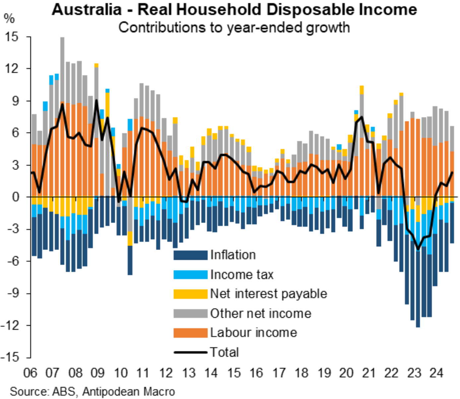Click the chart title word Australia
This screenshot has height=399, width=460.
coord(87,10)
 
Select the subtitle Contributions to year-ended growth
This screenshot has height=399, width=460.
coord(234,27)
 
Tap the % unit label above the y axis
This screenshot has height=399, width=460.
coord(9,18)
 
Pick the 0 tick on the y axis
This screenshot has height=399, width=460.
coord(15,197)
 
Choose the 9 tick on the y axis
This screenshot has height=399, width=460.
coord(15,101)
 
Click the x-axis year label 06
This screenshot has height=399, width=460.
coord(30,373)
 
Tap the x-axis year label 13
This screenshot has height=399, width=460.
coord(189,373)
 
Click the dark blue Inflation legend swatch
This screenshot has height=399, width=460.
coord(190,255)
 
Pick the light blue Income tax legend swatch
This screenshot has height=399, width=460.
coord(190,275)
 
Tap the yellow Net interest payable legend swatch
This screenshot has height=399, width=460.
coord(190,294)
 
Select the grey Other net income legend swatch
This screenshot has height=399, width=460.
coord(190,313)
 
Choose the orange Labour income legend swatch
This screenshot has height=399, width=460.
coord(190,333)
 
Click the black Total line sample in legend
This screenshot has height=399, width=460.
coord(190,352)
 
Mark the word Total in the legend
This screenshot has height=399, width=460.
coord(225,352)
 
